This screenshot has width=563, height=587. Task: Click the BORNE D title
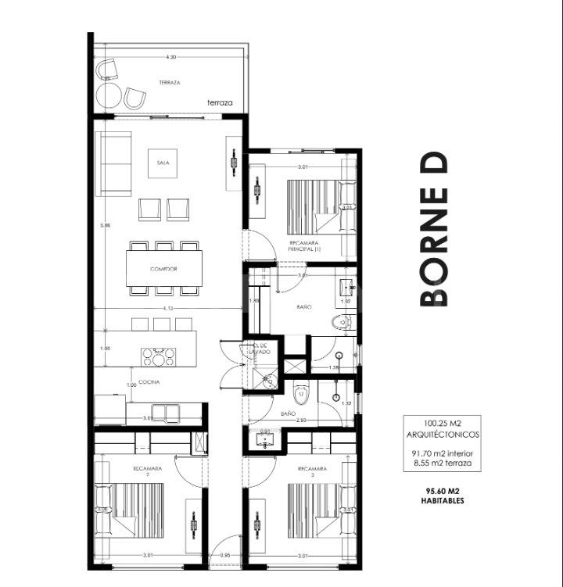pos(434,228)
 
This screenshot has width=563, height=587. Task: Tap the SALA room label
pos(163,163)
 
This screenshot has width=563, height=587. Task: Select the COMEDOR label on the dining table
pos(163,269)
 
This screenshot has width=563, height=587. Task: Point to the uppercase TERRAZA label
pos(170,82)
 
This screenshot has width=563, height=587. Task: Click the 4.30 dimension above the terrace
pos(170,57)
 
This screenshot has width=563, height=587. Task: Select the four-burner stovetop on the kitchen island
pos(158,357)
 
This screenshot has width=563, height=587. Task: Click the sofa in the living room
pos(113,163)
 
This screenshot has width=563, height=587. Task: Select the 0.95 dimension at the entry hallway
pos(225,556)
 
